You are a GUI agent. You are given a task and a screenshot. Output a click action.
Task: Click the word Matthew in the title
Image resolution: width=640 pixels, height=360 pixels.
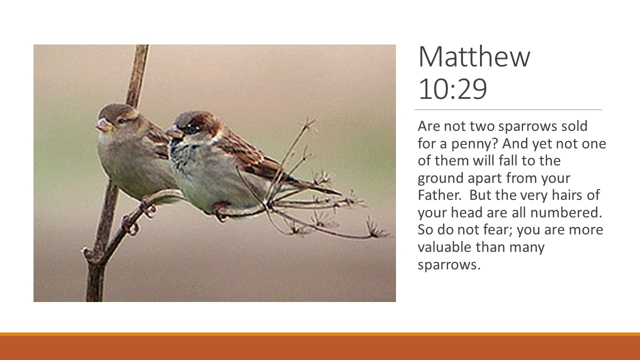[x=474, y=56]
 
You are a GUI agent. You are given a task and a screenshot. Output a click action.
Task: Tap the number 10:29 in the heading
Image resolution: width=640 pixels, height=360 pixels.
[x=452, y=88]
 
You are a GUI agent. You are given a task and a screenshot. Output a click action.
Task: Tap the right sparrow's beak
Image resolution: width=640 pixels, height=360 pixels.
[x=173, y=132]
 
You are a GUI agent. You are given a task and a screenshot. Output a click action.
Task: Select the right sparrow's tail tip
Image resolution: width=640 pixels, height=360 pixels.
[x=340, y=194]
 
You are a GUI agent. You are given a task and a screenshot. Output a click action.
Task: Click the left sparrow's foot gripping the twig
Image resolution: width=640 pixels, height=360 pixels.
[x=147, y=207]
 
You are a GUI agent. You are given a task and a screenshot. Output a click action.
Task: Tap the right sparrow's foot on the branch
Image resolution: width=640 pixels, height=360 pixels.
[x=219, y=211]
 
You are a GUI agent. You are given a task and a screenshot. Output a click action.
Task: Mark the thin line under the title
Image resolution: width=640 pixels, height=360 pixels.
[x=508, y=109]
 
